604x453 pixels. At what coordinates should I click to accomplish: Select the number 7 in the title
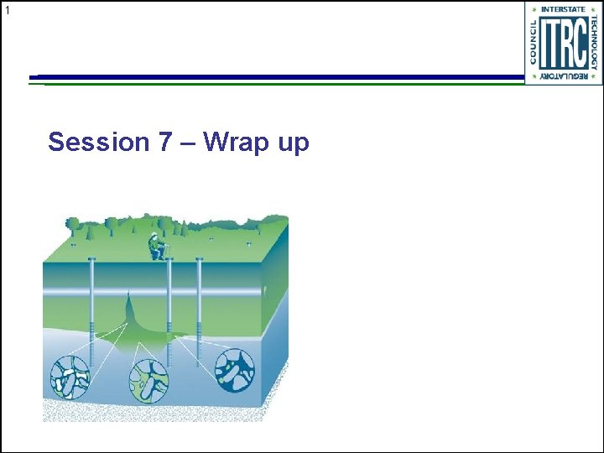click(x=166, y=142)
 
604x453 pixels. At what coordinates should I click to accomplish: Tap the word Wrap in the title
click(x=233, y=142)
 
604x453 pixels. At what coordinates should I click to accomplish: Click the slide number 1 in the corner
click(x=7, y=10)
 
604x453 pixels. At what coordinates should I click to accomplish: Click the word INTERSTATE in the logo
click(x=564, y=9)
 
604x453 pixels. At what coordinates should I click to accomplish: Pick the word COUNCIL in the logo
click(x=532, y=42)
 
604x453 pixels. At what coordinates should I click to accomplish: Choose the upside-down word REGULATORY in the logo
click(x=564, y=76)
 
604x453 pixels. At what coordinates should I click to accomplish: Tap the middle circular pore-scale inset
click(x=149, y=380)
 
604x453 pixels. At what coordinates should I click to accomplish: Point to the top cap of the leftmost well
click(x=91, y=259)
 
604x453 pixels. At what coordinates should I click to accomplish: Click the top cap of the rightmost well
click(x=199, y=259)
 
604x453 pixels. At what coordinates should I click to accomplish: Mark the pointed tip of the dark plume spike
click(x=128, y=294)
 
